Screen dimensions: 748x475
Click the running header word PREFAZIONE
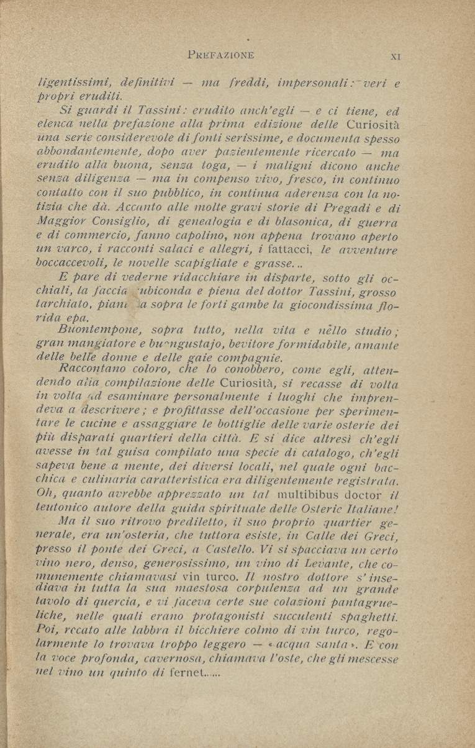[x=220, y=55]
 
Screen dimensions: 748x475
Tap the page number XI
[x=395, y=55]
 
